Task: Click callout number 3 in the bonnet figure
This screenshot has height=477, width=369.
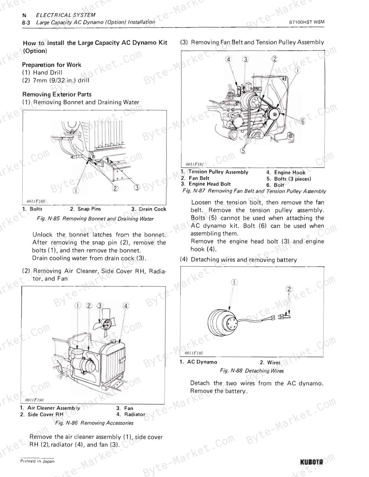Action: (137, 187)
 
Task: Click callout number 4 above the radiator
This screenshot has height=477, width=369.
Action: (126, 306)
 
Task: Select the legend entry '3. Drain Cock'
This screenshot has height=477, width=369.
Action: (149, 209)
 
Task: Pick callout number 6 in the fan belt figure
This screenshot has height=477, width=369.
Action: (303, 121)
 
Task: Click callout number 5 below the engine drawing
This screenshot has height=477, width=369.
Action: (243, 151)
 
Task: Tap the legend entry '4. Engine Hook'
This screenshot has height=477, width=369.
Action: (286, 173)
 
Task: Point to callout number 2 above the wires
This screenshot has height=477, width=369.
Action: (289, 289)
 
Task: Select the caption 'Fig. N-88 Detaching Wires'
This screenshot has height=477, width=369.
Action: (252, 371)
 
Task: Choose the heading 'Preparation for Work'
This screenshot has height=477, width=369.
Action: (52, 65)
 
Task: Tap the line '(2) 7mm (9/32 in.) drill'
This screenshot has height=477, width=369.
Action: (56, 80)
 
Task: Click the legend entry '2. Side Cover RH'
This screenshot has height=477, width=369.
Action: (41, 414)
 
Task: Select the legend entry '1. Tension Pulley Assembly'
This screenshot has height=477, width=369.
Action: (214, 172)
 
